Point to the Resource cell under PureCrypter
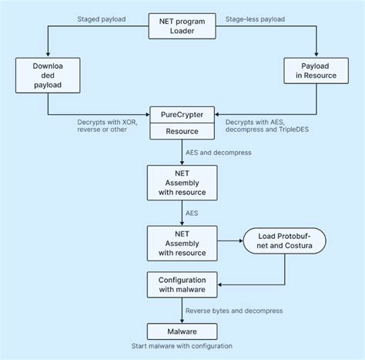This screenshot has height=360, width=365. (x=182, y=132)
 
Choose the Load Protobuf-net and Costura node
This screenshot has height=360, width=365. (x=284, y=241)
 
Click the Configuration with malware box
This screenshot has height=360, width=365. (x=182, y=284)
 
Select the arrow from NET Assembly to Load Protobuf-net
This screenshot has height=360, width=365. (x=230, y=241)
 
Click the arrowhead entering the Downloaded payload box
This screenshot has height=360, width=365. (x=48, y=55)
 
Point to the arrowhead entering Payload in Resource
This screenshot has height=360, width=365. (x=316, y=55)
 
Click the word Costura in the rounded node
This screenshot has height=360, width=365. (x=302, y=247)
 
